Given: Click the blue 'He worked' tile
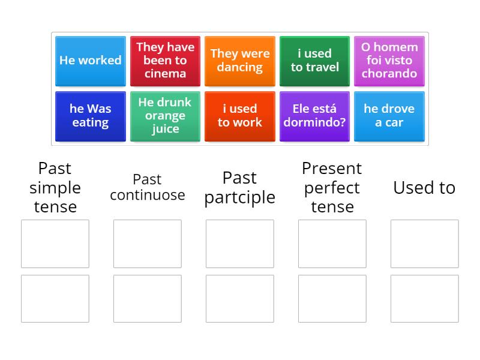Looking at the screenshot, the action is (91, 61).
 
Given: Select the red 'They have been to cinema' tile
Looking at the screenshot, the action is (165, 61).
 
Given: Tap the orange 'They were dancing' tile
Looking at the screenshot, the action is (240, 61).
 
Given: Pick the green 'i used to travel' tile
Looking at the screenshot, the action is (314, 61).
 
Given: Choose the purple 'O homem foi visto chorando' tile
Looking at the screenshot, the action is (389, 61).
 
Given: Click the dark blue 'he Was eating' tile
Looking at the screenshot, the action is (91, 116).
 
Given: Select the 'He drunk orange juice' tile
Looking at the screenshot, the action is (165, 116).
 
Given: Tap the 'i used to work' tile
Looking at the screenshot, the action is (240, 116).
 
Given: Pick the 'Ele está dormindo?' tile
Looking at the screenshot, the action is (314, 116).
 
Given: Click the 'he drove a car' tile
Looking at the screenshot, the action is (389, 116).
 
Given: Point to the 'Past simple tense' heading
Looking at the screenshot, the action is (55, 188).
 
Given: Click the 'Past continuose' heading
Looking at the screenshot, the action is (148, 187).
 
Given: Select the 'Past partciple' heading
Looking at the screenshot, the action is (240, 187).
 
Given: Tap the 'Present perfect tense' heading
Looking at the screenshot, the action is (332, 188).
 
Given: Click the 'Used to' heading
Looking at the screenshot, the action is (424, 188).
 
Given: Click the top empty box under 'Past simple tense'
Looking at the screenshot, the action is (55, 244).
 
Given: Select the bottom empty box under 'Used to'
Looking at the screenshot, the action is (424, 299).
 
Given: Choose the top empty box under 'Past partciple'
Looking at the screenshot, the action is (240, 244).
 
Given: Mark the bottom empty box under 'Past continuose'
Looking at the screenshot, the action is (148, 299).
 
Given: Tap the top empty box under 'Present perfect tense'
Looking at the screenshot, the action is (332, 244).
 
